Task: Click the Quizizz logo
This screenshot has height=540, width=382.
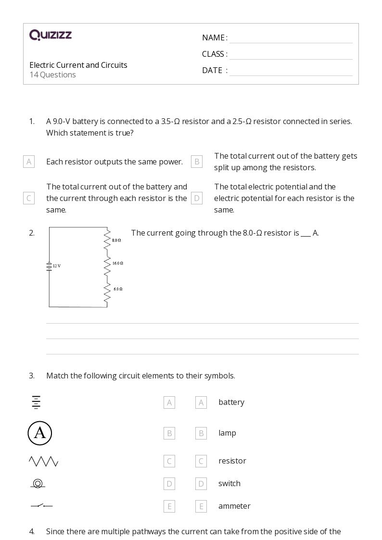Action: click(51, 35)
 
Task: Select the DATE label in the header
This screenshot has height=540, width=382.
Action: click(212, 70)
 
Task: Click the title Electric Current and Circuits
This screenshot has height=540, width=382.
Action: click(78, 65)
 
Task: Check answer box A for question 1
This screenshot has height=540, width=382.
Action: click(29, 162)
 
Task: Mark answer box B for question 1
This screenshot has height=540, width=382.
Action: click(196, 162)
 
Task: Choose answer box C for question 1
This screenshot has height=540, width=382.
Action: click(29, 198)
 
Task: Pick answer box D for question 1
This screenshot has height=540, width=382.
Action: click(196, 198)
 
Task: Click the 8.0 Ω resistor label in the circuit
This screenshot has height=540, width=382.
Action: click(116, 240)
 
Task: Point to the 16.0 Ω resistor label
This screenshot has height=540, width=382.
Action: click(118, 263)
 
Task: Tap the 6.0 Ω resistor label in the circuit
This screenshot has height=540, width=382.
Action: click(118, 289)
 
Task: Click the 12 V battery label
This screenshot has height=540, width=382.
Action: click(57, 266)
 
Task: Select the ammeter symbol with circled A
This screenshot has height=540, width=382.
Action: click(40, 433)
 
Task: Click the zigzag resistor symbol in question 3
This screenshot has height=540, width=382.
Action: click(43, 462)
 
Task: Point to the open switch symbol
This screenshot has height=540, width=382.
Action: click(42, 505)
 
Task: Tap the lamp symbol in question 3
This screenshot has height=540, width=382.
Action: click(38, 483)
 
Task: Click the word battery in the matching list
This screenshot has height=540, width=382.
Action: click(231, 402)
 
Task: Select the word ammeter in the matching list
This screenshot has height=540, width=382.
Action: click(234, 506)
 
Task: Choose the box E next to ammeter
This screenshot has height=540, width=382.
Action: click(201, 506)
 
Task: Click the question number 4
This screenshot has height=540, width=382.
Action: click(32, 531)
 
